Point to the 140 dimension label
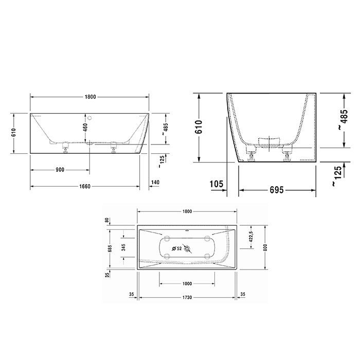(156, 183)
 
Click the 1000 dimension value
(187, 283)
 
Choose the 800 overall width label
(266, 246)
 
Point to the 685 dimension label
(110, 249)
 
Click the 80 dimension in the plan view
(107, 220)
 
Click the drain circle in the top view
(188, 250)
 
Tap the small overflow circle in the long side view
(91, 117)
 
